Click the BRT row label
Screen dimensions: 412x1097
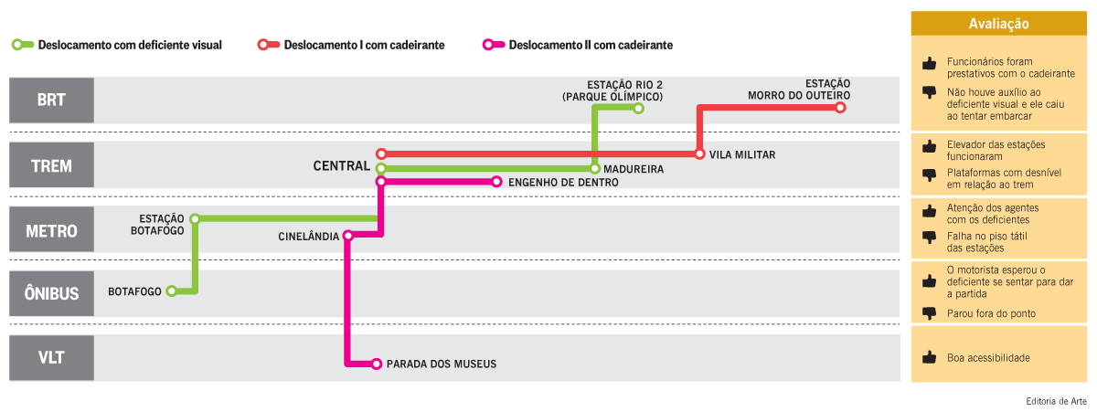click(x=51, y=100)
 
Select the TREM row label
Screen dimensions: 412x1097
click(x=51, y=166)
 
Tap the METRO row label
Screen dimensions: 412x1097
click(x=51, y=230)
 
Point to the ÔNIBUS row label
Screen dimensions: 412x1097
click(x=51, y=294)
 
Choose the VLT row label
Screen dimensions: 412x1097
click(x=51, y=357)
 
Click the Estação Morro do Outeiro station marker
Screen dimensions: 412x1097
click(x=840, y=108)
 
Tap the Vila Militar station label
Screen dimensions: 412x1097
click(x=741, y=155)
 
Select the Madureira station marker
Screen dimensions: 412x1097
click(x=594, y=169)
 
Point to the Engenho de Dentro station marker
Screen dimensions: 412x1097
click(x=496, y=182)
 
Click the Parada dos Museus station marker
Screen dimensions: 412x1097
click(x=377, y=364)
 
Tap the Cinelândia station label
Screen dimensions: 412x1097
click(x=309, y=237)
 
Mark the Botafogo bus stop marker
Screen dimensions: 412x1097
click(x=171, y=291)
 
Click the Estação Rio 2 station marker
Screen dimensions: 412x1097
click(x=639, y=109)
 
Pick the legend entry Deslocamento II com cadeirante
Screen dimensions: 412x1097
click(x=580, y=44)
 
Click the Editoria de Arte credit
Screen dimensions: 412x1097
click(x=1056, y=400)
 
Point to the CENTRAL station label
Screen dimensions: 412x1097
click(x=341, y=166)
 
